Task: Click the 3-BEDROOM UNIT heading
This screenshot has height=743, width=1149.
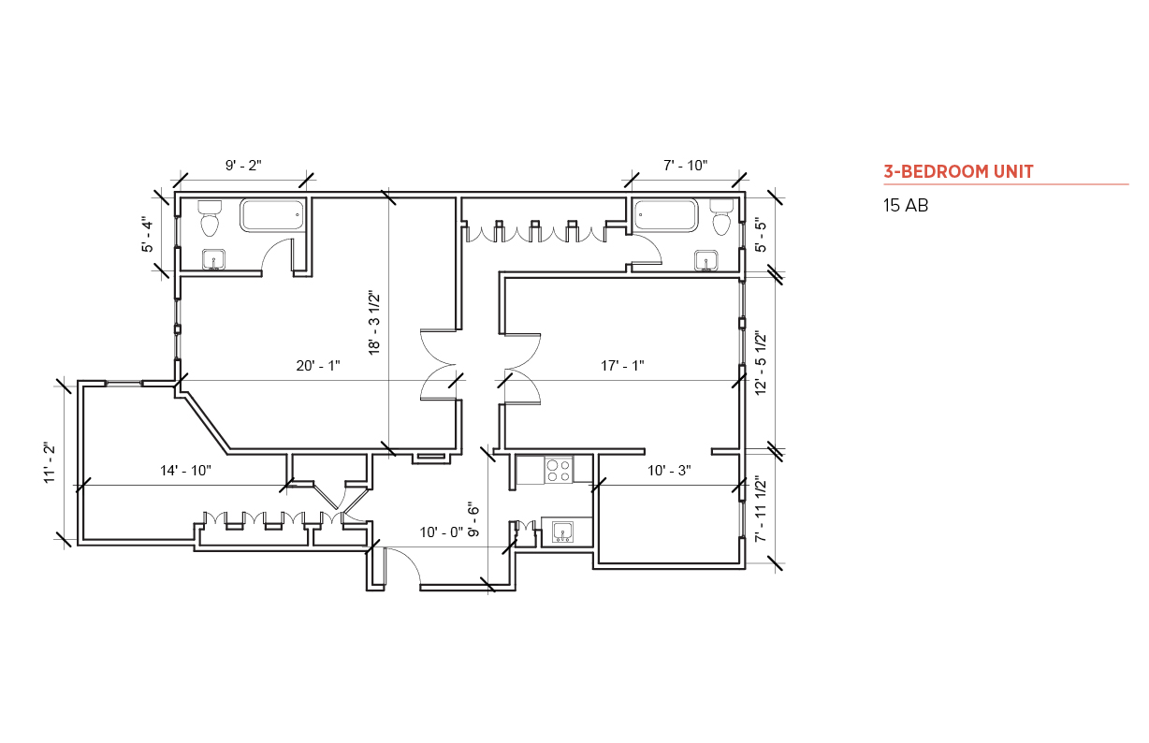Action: pos(958,171)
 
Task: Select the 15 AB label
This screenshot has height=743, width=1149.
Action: pos(905,206)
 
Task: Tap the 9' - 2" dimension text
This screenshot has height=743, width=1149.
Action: pos(243,166)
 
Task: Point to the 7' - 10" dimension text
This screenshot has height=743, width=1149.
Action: pos(685,166)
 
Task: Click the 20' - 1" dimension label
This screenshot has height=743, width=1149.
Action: pos(317,366)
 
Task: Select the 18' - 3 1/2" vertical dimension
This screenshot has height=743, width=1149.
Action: pos(374,323)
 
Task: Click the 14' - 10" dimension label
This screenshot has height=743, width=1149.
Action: pos(185,471)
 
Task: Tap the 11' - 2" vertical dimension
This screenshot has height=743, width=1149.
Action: pos(50,462)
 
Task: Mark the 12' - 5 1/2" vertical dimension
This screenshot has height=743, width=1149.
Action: pos(761,362)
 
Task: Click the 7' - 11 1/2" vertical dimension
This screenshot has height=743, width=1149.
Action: pos(761,510)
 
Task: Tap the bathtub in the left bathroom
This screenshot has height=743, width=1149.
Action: pos(273,215)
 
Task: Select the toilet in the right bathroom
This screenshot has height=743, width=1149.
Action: pos(720,218)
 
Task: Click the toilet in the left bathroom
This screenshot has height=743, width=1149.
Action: pos(211,219)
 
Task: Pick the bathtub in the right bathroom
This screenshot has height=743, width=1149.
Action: pos(666,215)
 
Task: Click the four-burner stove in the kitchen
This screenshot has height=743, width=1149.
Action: pos(559,470)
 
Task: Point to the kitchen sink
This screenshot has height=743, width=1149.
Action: pos(563,532)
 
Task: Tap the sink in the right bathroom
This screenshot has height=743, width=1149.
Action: pos(706,259)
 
